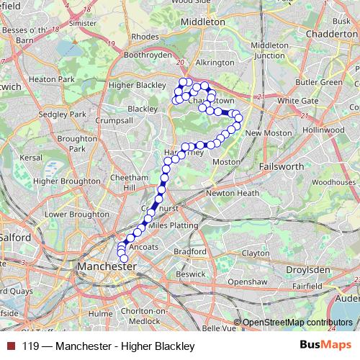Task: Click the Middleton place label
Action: coord(203,22)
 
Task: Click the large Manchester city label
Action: coord(105,266)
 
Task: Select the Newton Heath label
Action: coord(232,193)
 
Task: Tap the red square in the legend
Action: coord(9,347)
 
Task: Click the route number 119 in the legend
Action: coord(30,347)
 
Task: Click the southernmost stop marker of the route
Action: coord(124,258)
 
